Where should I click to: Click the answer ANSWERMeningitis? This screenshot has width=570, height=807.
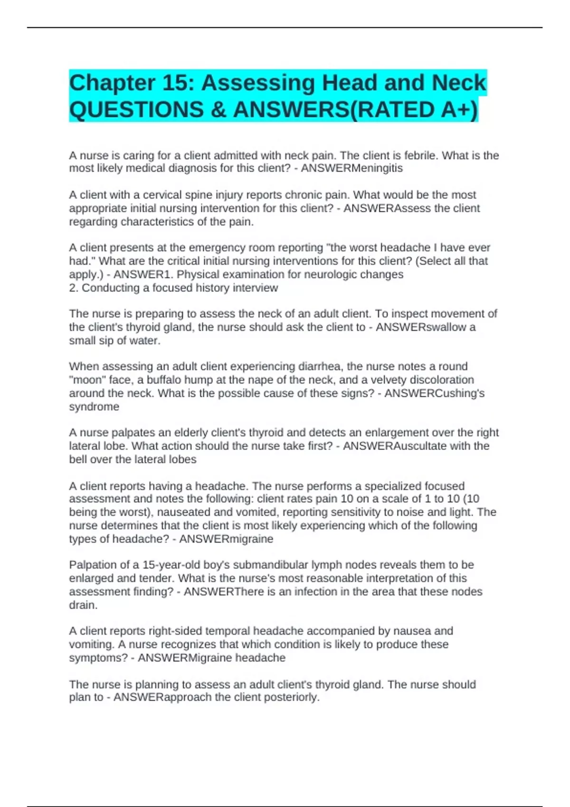pos(351,169)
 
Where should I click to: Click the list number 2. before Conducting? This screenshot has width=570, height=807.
pos(74,288)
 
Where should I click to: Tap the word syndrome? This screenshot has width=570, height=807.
pos(94,407)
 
